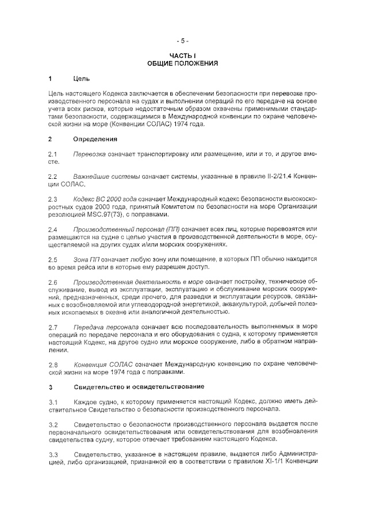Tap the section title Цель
point(81,78)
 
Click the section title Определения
point(95,139)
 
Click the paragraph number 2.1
point(53,155)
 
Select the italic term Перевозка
point(89,155)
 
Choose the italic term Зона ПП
point(87,259)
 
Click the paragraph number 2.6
point(53,281)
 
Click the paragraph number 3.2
point(53,424)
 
